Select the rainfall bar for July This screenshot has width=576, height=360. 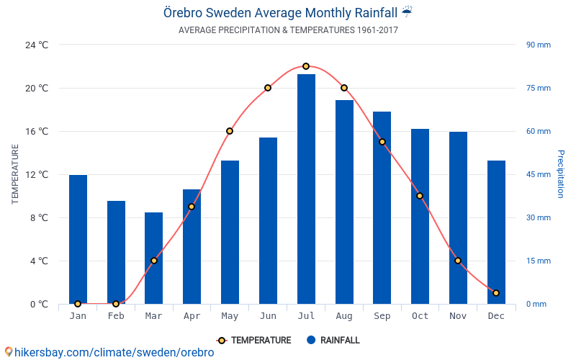(x=307, y=189)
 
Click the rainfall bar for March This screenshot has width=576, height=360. (x=153, y=258)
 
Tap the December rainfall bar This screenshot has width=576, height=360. (x=496, y=232)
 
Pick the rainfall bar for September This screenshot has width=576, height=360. (x=382, y=208)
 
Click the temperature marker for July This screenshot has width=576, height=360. (x=306, y=66)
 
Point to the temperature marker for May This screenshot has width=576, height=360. (x=230, y=131)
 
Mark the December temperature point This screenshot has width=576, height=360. (x=496, y=293)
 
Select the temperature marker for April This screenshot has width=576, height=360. (x=192, y=207)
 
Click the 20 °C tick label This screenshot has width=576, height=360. (x=37, y=88)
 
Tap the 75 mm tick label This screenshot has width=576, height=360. (x=539, y=88)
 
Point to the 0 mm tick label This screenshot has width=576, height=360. (x=536, y=304)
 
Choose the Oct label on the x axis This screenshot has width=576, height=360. (x=420, y=316)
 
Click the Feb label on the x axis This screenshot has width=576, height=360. (x=116, y=316)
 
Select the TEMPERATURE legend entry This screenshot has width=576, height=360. (x=254, y=341)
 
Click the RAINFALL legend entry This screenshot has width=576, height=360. (x=333, y=340)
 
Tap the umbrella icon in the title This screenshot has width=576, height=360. (x=407, y=12)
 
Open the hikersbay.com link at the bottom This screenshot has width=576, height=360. (x=109, y=352)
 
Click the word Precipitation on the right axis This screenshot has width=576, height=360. (x=561, y=174)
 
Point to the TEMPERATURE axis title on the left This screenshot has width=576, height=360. (x=14, y=174)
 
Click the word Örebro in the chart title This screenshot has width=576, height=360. (x=183, y=13)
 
